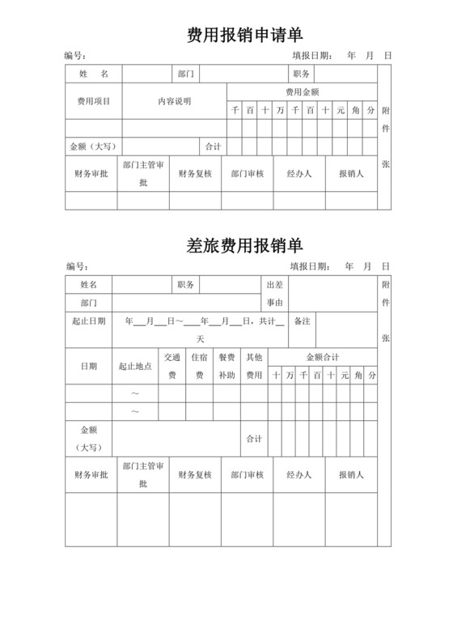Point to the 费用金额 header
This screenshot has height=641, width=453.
click(x=302, y=91)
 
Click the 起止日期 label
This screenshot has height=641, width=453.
click(x=88, y=321)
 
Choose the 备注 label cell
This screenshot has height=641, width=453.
click(x=302, y=321)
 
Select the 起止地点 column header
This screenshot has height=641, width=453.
click(x=135, y=366)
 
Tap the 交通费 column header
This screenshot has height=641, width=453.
click(x=171, y=366)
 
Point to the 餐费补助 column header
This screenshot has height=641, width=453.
click(x=226, y=366)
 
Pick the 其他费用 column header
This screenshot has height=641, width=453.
click(x=254, y=366)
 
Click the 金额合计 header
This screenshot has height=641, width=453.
click(x=322, y=357)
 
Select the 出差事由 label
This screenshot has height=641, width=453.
click(x=274, y=294)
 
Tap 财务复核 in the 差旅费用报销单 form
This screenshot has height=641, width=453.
click(x=195, y=475)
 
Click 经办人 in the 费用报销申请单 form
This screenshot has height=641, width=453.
click(x=299, y=173)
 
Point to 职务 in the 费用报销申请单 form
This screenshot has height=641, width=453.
click(x=302, y=74)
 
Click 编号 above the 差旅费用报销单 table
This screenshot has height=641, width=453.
click(x=75, y=266)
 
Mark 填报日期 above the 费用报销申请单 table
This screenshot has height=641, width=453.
click(x=311, y=56)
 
